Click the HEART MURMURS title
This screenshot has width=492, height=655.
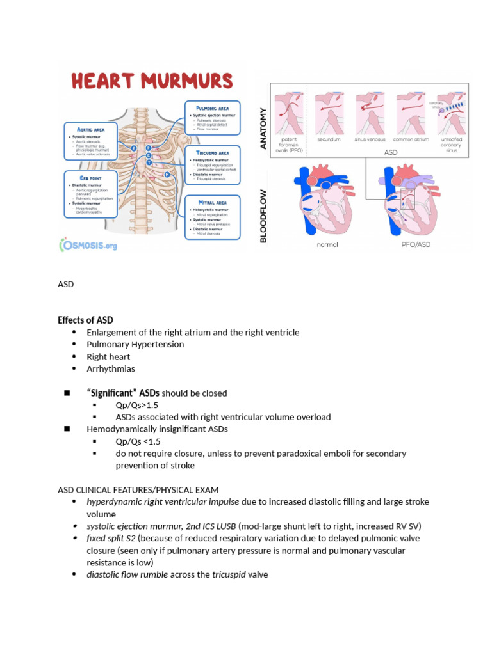click(x=151, y=81)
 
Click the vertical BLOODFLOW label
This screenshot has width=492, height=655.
click(x=263, y=205)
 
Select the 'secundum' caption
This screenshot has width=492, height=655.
click(x=327, y=138)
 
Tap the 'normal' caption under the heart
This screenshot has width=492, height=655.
click(x=327, y=244)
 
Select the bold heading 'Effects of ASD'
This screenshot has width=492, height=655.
click(x=85, y=320)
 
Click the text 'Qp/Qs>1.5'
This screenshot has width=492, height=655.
click(x=136, y=405)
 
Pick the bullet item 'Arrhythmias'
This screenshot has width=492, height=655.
click(x=111, y=368)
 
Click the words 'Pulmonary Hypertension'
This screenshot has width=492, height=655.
click(x=135, y=344)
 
